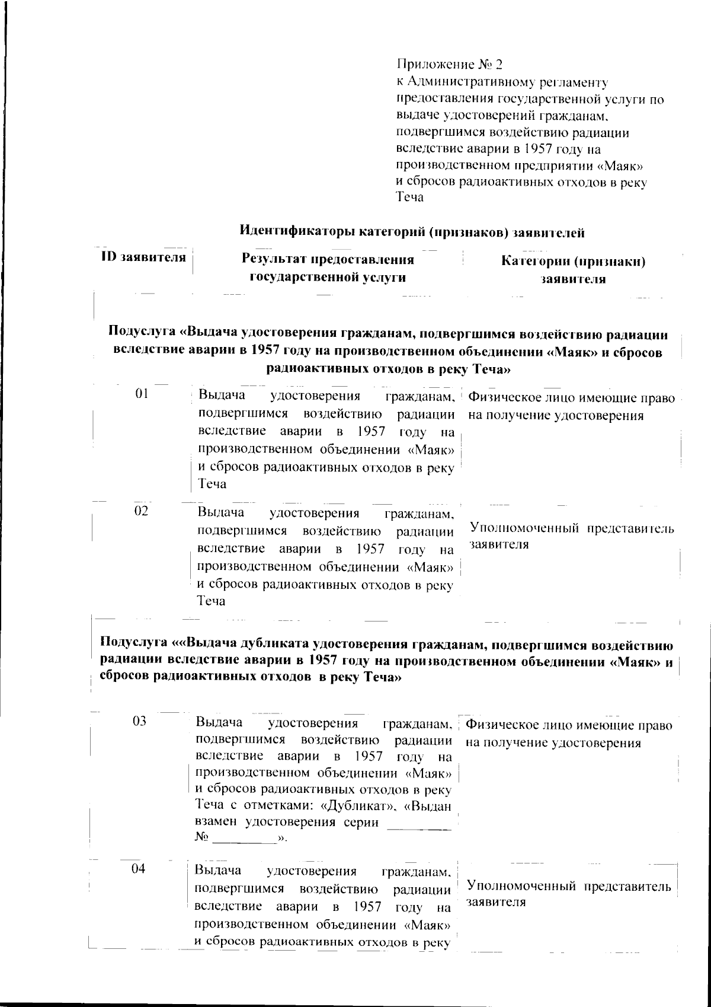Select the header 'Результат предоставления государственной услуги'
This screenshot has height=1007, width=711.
[328, 268]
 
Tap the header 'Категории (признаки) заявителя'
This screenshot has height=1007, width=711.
[573, 270]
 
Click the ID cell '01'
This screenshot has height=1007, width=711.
[142, 393]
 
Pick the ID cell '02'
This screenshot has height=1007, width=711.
[141, 511]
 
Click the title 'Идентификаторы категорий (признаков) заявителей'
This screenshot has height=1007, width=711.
[412, 232]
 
